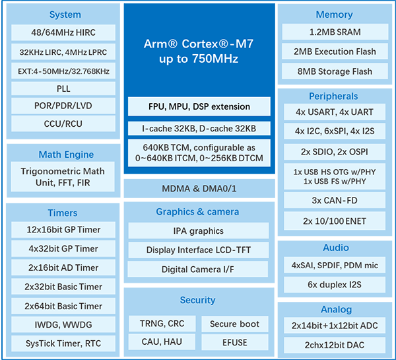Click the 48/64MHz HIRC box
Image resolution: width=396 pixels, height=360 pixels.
[63, 32]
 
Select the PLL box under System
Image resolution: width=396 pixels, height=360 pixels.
[63, 89]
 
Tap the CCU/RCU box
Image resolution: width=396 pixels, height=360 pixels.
[63, 124]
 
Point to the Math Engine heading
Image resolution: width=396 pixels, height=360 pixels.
[66, 155]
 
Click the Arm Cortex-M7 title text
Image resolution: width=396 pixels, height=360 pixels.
[199, 51]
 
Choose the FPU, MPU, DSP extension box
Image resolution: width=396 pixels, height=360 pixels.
[199, 106]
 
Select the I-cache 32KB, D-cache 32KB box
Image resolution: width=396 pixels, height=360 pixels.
[199, 128]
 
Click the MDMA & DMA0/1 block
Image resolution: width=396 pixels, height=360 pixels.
[199, 188]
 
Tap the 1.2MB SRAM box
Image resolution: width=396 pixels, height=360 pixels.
[335, 32]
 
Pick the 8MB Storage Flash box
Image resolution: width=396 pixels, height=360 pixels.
[335, 71]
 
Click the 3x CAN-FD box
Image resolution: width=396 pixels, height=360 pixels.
[335, 200]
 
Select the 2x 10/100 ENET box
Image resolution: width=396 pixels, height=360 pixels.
[335, 221]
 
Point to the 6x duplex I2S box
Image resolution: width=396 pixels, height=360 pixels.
[335, 285]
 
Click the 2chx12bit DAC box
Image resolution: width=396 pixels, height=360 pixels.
[335, 345]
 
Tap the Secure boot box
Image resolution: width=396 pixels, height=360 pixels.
[234, 324]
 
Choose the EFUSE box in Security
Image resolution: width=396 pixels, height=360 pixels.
[234, 342]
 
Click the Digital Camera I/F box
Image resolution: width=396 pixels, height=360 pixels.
[198, 270]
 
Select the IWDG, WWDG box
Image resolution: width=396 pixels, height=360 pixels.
[63, 324]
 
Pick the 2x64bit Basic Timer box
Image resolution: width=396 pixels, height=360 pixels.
[63, 306]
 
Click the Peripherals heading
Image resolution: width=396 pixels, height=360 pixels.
[333, 96]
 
